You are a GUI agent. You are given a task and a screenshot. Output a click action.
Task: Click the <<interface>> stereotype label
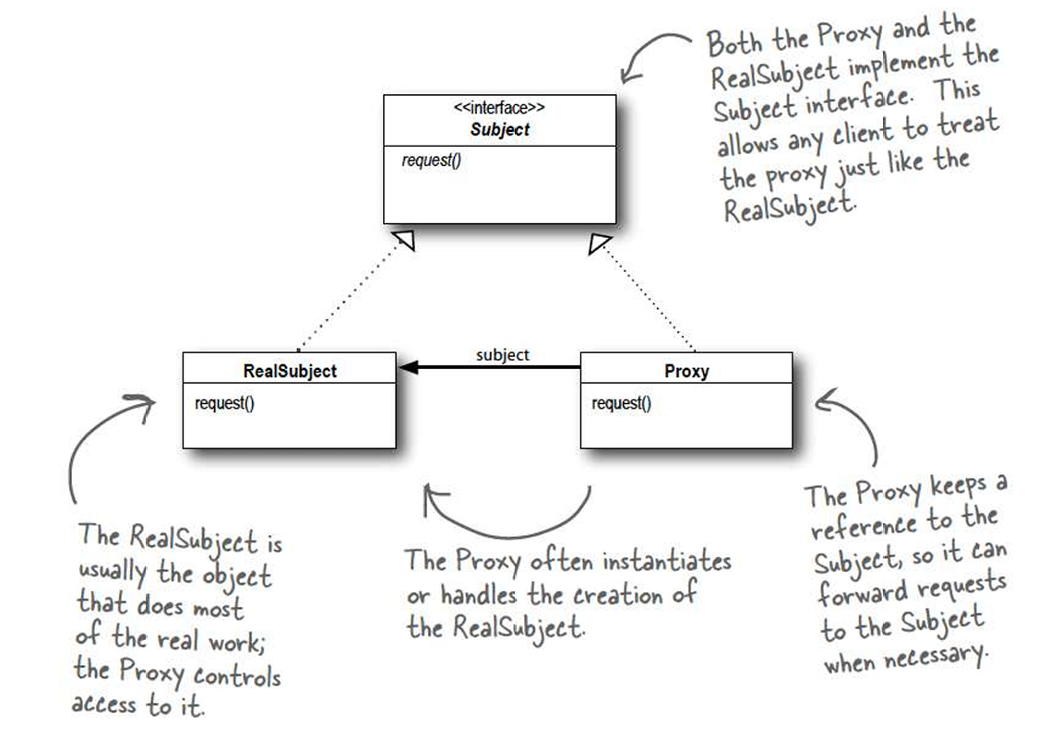tap(499, 109)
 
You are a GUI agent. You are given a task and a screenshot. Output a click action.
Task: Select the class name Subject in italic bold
tap(499, 129)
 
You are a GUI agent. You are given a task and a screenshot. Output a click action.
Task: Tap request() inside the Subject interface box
tap(431, 160)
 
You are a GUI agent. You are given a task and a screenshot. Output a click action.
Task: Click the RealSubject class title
tap(290, 372)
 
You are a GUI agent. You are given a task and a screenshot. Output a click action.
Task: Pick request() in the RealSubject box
tap(224, 402)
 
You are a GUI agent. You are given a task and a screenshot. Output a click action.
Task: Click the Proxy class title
tap(686, 372)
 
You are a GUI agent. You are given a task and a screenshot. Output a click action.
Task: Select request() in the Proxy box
tap(621, 402)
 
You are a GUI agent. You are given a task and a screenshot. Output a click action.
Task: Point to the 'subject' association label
tap(503, 354)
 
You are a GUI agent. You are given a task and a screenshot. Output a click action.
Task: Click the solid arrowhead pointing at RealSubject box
tap(407, 368)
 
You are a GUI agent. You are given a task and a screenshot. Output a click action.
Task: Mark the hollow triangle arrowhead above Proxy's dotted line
tap(600, 244)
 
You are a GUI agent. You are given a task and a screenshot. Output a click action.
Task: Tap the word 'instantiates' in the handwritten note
tap(666, 561)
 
